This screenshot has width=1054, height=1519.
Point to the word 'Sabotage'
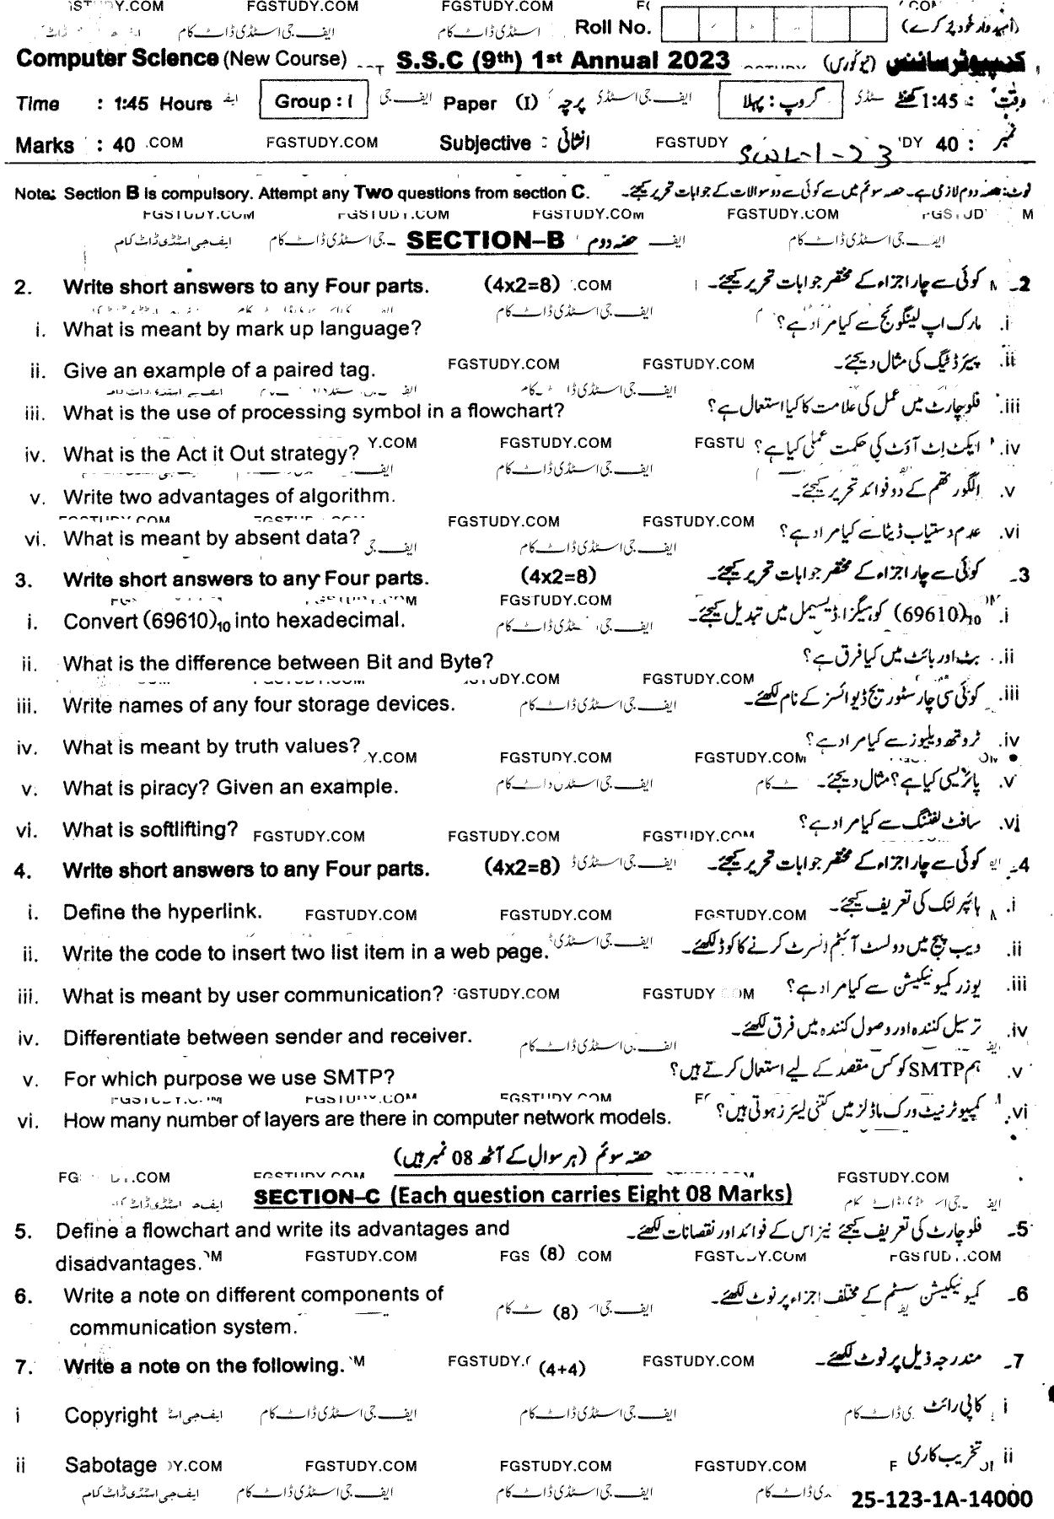(110, 1466)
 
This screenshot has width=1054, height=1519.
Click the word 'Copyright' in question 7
(110, 1415)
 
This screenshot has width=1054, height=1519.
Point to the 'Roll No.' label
(612, 27)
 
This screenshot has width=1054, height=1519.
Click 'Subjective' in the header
(485, 143)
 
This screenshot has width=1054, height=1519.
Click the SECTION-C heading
(523, 1195)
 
